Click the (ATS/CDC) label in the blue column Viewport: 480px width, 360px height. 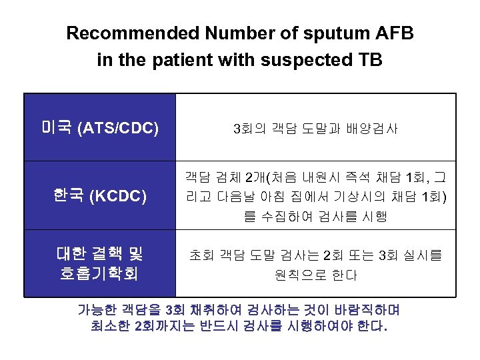[118, 128]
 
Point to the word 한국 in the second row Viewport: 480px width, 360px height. [67, 196]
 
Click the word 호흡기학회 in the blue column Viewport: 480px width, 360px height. [99, 273]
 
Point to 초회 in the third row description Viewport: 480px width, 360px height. [201, 255]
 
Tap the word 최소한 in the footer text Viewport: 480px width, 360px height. [111, 327]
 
